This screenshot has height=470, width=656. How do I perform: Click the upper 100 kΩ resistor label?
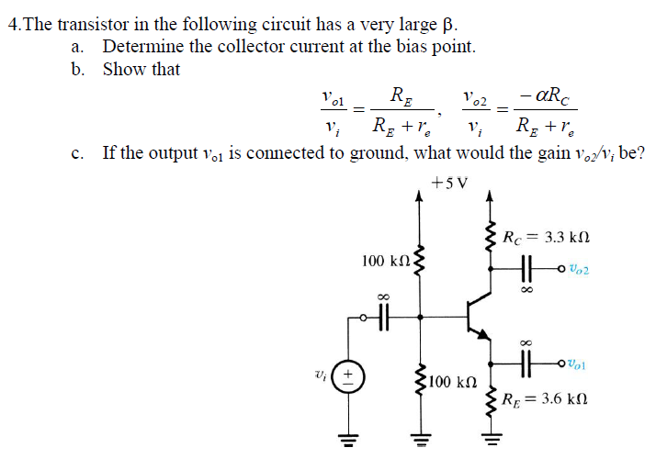click(385, 262)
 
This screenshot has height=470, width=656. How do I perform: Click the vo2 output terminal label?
click(578, 269)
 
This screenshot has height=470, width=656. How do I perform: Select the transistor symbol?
click(478, 318)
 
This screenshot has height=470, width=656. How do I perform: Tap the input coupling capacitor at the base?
click(383, 317)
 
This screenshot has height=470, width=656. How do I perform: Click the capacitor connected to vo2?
click(526, 269)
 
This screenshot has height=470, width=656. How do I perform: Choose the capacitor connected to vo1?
click(526, 364)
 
